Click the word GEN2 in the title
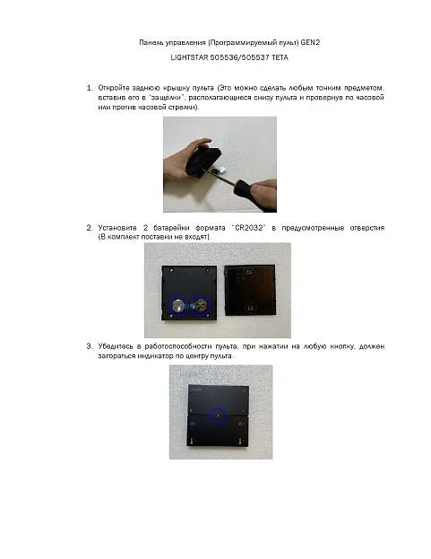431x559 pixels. tap(310, 42)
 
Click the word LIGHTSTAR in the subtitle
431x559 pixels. tap(189, 57)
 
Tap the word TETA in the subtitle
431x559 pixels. tap(280, 57)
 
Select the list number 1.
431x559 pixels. tap(90, 88)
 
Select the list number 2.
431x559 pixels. tap(90, 228)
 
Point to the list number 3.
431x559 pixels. tap(90, 346)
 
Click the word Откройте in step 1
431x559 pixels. tap(112, 88)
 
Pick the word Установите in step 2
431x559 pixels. tap(117, 228)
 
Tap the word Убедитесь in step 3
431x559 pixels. tap(116, 346)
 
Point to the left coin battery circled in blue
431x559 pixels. tap(177, 306)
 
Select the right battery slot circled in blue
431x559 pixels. tap(201, 305)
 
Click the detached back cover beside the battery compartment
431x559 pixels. tap(250, 290)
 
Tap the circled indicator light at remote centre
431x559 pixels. tap(218, 415)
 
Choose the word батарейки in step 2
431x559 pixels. tap(171, 228)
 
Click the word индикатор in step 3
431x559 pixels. tap(156, 356)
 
